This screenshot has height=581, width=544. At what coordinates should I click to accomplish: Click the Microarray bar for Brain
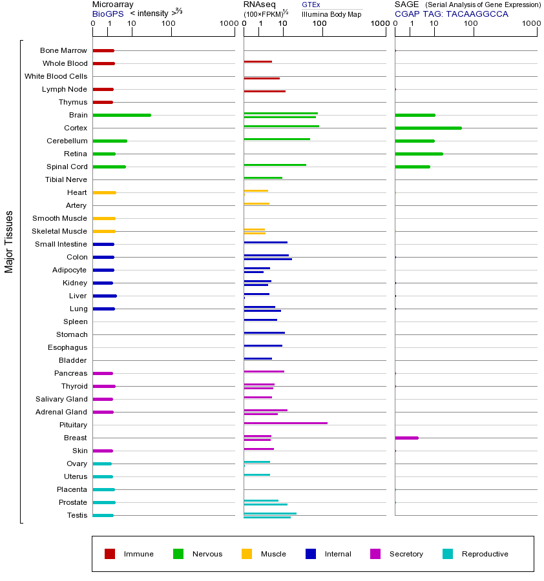[121, 115]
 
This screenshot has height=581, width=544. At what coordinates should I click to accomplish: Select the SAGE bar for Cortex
[428, 128]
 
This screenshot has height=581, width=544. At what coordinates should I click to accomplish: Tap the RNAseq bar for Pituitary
[285, 423]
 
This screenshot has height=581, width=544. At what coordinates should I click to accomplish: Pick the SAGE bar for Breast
[406, 438]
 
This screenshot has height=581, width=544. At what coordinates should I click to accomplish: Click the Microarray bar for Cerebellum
[110, 141]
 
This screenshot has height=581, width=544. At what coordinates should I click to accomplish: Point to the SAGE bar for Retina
[419, 154]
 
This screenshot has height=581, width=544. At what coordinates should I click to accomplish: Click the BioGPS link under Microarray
[106, 14]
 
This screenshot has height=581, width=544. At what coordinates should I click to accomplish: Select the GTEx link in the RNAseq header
[311, 5]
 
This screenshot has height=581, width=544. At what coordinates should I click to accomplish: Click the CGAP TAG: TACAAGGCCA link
[452, 14]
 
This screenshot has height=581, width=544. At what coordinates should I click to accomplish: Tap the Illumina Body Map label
[331, 14]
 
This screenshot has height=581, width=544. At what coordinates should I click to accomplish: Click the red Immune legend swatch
[110, 554]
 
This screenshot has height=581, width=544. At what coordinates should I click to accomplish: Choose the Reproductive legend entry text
[485, 554]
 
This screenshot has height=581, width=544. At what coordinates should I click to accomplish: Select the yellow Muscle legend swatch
[247, 554]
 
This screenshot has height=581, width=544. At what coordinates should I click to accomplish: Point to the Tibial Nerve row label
[66, 179]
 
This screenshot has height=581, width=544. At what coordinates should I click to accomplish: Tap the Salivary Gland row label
[63, 399]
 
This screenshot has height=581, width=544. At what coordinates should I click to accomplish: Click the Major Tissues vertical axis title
[9, 241]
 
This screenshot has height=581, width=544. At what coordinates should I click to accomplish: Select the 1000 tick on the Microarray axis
[228, 24]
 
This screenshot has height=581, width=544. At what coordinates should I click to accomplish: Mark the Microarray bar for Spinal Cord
[109, 167]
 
